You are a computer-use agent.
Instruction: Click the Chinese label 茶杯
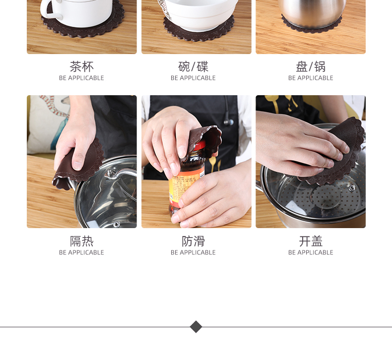[x=81, y=67]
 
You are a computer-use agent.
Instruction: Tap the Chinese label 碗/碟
[x=193, y=67]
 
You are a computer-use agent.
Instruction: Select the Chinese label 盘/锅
[x=311, y=67]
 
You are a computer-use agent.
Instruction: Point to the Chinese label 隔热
[x=81, y=241]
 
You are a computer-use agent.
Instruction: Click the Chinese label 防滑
[x=193, y=241]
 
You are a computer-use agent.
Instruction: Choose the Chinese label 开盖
[x=311, y=241]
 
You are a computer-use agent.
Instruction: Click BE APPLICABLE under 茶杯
[x=81, y=78]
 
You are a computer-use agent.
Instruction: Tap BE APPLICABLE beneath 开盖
[x=311, y=252]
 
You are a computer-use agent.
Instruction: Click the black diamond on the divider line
[x=196, y=327]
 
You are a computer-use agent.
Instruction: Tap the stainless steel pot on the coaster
[x=312, y=12]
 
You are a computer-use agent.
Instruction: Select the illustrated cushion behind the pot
[x=48, y=125]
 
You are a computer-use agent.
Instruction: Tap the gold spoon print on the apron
[x=212, y=165]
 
